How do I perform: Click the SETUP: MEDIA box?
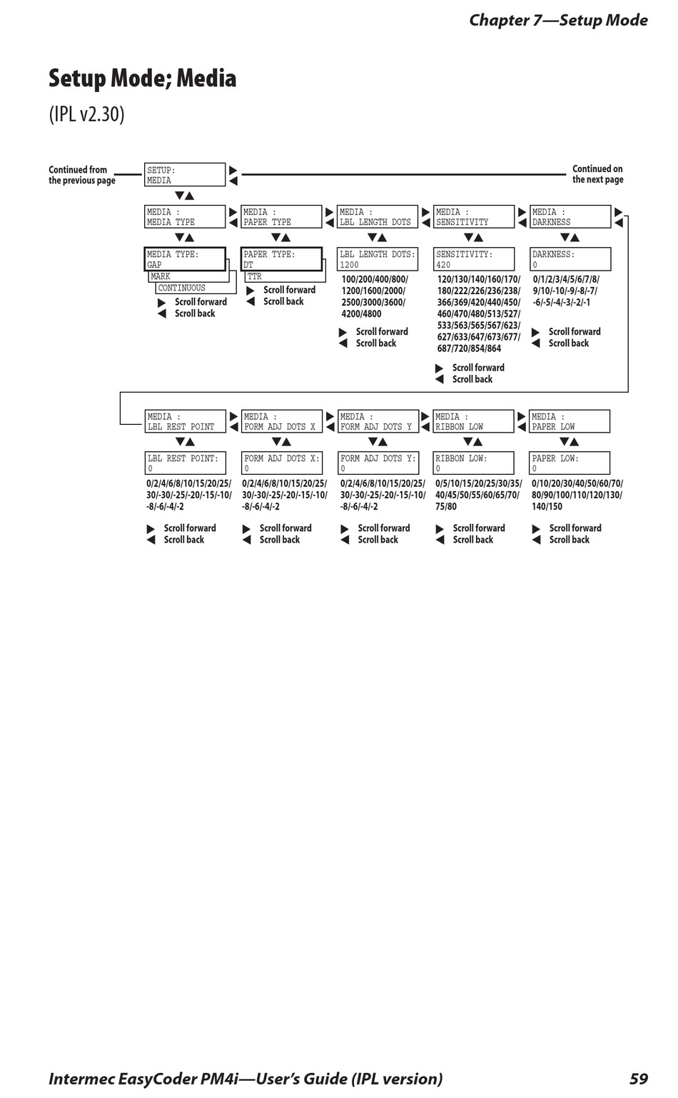coord(185,175)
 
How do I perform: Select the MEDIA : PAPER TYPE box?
coord(281,217)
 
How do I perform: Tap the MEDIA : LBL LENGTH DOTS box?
coord(378,217)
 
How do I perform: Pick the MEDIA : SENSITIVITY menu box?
coord(474,217)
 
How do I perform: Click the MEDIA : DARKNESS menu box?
coord(570,217)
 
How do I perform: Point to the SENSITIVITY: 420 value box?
coord(474,259)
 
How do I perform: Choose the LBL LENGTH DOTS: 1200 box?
coord(378,259)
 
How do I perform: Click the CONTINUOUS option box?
coord(195,288)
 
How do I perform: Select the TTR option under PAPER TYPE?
coord(285,277)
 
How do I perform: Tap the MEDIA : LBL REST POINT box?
coord(185,421)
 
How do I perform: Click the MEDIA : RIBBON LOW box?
coord(474,421)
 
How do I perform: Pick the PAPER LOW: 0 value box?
coord(570,463)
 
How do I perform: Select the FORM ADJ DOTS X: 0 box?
coord(282,463)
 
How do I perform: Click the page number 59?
coord(639,1079)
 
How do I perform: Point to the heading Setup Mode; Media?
coord(142,78)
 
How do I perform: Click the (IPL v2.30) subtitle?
coord(86,114)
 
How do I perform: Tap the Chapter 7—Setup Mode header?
coord(558,20)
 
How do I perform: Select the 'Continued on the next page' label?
coord(597,174)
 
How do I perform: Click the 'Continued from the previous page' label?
coord(81,175)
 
